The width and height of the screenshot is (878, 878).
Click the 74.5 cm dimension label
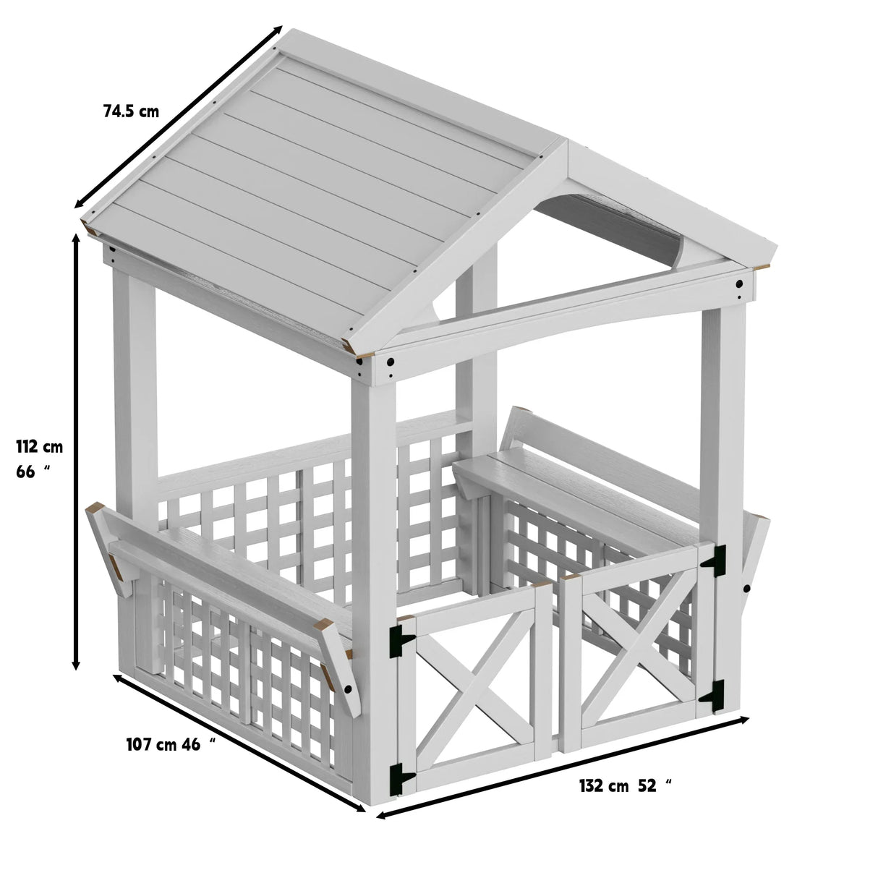(131, 111)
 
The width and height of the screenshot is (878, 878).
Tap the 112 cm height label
(40, 447)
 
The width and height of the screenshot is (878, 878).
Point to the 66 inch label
(33, 472)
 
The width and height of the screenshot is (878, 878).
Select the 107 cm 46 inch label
(171, 744)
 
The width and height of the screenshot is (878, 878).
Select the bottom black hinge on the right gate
(714, 694)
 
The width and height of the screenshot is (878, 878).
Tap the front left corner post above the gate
(372, 506)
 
